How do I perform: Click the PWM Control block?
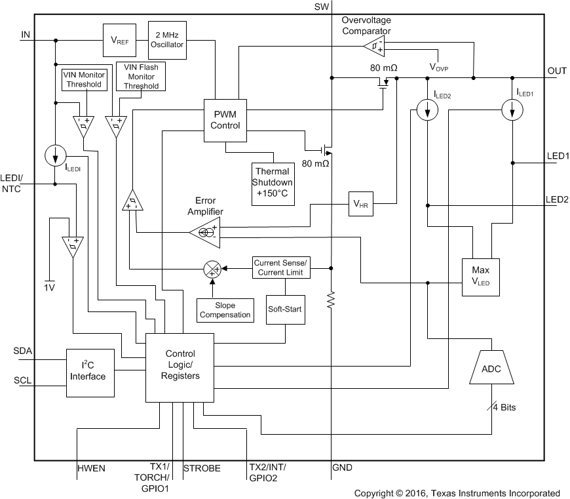[225, 119]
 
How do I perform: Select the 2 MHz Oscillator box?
[168, 40]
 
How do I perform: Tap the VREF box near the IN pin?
[119, 40]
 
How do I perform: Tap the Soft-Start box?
[285, 309]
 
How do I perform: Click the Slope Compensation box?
[225, 309]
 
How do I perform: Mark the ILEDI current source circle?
[55, 156]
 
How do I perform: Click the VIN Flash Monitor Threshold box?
[140, 77]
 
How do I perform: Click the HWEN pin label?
[91, 469]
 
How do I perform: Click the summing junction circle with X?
[212, 268]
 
